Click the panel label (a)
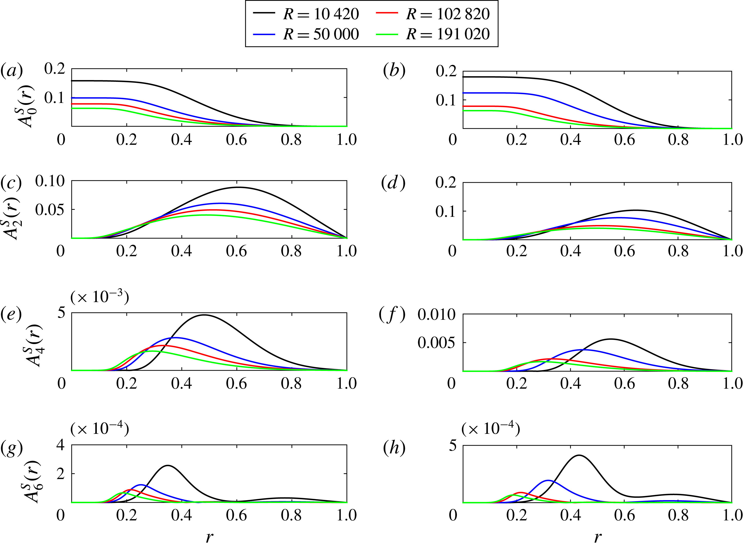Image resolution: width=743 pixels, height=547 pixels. (12, 70)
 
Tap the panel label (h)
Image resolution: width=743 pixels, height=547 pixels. (394, 449)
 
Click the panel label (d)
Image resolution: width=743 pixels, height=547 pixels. (393, 183)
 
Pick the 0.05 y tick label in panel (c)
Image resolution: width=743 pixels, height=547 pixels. (50, 210)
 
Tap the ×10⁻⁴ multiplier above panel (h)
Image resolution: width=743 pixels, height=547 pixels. (491, 429)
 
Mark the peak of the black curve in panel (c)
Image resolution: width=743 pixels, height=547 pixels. (238, 187)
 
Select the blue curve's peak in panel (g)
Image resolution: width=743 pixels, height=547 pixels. (141, 485)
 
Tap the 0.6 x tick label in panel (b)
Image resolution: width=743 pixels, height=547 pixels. (624, 140)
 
